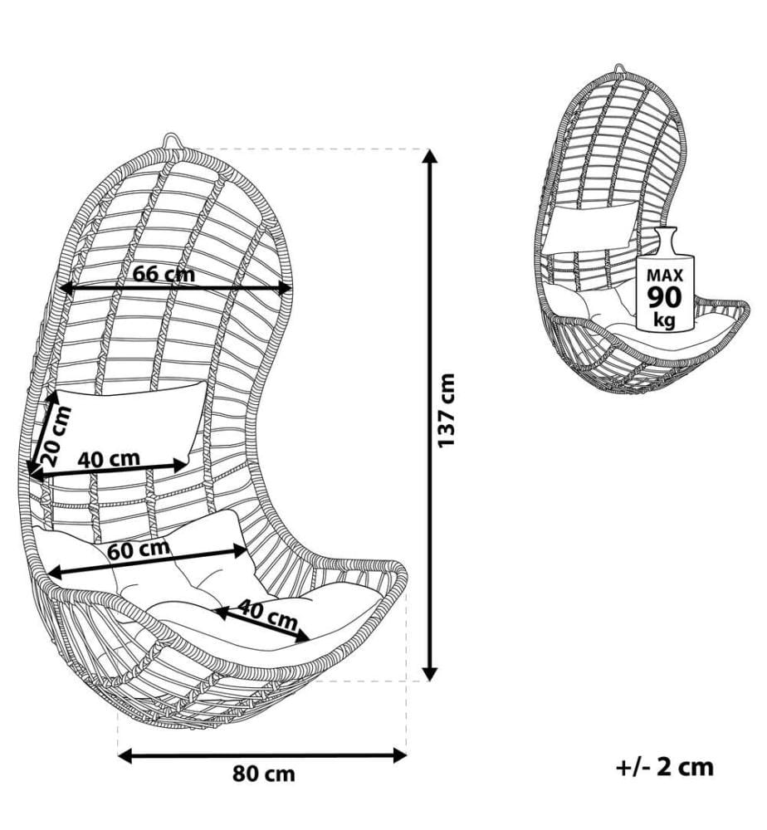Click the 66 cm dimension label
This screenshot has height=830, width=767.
pyautogui.click(x=164, y=274)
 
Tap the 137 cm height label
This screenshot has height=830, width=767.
pyautogui.click(x=447, y=410)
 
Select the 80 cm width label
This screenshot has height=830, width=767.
pyautogui.click(x=264, y=774)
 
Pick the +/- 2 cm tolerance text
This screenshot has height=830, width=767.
pyautogui.click(x=665, y=766)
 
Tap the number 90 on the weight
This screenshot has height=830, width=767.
pyautogui.click(x=665, y=297)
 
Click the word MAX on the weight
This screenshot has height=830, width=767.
pyautogui.click(x=665, y=276)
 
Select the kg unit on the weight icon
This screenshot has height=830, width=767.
pyautogui.click(x=665, y=320)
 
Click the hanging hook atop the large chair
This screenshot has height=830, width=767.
pyautogui.click(x=171, y=142)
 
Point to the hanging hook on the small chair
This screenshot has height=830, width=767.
pyautogui.click(x=620, y=70)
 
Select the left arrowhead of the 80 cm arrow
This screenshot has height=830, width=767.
pyautogui.click(x=125, y=756)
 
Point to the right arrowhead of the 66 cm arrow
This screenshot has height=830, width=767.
pyautogui.click(x=285, y=289)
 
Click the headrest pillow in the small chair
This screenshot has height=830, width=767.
pyautogui.click(x=591, y=226)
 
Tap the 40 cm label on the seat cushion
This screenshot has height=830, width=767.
pyautogui.click(x=266, y=614)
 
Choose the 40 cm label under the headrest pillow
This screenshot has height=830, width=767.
pyautogui.click(x=109, y=458)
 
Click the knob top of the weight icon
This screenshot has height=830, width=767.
pyautogui.click(x=665, y=233)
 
